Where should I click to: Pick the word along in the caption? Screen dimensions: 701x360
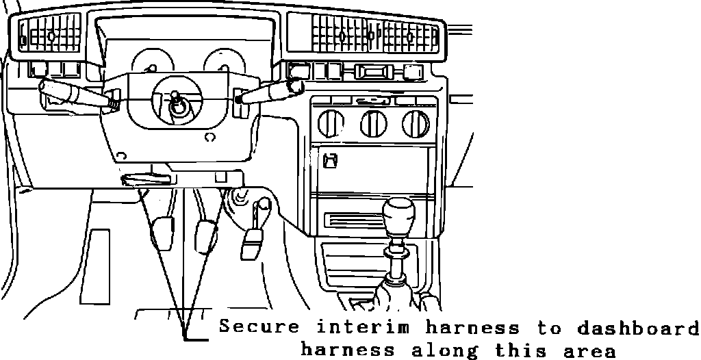pyautogui.click(x=440, y=350)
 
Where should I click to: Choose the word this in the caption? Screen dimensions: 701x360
pyautogui.click(x=520, y=350)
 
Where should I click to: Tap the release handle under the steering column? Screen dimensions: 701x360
pyautogui.click(x=144, y=180)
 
